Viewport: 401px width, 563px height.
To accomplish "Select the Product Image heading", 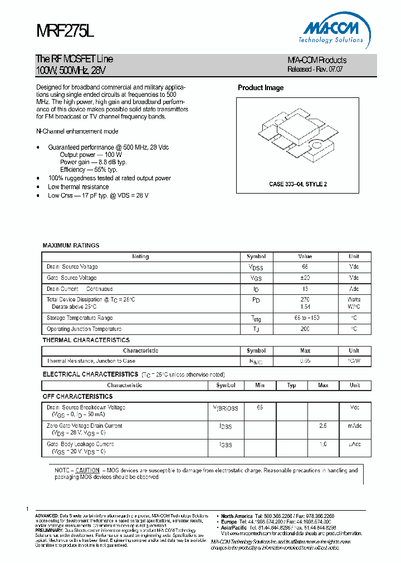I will (261, 88).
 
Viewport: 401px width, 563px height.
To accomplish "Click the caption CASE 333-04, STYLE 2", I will (297, 184).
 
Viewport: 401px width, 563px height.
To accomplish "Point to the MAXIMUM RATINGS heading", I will (71, 245).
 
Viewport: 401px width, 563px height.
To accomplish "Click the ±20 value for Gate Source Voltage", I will (305, 278).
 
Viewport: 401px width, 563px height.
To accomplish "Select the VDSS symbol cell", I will (256, 268).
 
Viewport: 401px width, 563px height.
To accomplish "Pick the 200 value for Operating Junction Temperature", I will (305, 329).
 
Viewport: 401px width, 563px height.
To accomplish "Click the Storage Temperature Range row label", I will (80, 318).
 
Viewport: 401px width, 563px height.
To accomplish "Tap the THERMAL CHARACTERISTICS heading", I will (86, 340).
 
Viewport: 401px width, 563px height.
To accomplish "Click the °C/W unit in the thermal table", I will (354, 361).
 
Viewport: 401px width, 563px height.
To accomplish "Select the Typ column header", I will (291, 385).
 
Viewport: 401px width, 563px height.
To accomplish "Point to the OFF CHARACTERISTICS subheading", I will (77, 397).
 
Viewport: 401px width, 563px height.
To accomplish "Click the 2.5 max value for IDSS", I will (323, 426).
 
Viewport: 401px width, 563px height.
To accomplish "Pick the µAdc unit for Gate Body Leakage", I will (355, 445).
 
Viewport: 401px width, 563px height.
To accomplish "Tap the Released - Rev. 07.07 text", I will (315, 70).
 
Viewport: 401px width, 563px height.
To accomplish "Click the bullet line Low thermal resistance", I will (79, 187).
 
